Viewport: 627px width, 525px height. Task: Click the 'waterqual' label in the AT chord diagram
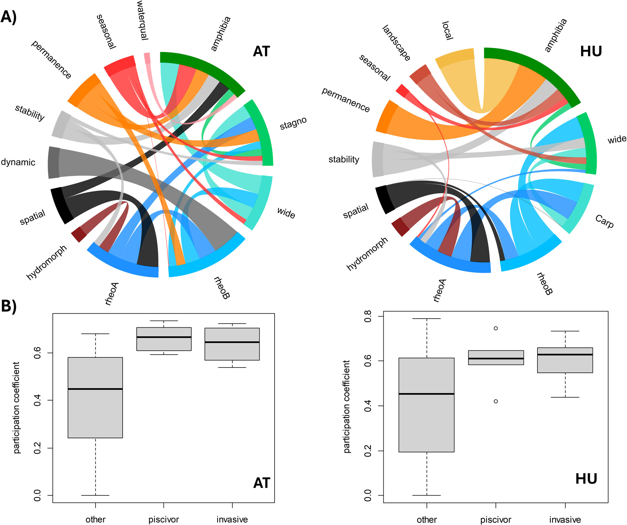tap(142, 20)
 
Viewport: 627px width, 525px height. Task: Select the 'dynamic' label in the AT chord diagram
tap(18, 162)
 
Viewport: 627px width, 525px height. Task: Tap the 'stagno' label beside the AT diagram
tap(293, 123)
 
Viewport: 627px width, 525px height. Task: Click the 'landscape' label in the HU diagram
tap(396, 43)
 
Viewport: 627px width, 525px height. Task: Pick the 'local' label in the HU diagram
tap(447, 30)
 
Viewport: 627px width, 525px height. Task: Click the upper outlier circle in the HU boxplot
tap(496, 328)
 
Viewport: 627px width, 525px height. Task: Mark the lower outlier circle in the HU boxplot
tap(496, 401)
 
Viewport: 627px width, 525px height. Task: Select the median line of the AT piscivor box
tap(164, 337)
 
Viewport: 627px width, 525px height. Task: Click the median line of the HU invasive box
tap(565, 355)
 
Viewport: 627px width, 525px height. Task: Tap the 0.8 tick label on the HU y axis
tap(368, 316)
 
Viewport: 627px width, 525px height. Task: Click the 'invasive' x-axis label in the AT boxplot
tap(232, 520)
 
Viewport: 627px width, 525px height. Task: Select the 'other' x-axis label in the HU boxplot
tap(427, 520)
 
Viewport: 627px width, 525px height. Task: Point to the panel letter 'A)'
tap(8, 17)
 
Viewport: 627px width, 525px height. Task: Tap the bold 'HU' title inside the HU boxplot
tap(586, 479)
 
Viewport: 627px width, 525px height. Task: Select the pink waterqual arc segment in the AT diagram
tap(147, 58)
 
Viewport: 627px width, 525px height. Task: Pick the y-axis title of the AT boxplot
tap(16, 408)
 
